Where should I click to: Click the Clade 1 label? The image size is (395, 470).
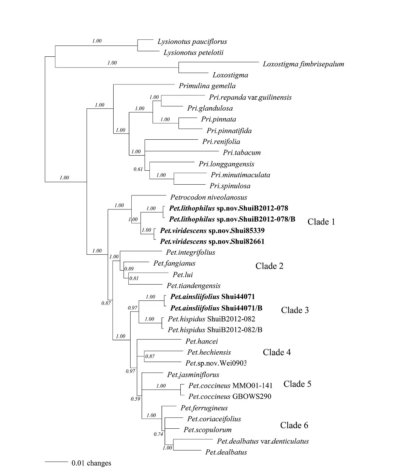point(321,222)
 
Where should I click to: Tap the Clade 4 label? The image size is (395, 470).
point(277,352)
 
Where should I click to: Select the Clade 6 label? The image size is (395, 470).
point(294,425)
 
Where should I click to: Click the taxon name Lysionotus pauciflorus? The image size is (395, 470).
point(192,42)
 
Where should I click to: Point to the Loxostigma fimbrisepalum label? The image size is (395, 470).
point(303,64)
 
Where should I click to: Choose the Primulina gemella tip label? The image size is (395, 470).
point(207,86)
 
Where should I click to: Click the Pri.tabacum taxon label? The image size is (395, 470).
point(242,153)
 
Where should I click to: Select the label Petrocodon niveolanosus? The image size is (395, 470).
point(209,198)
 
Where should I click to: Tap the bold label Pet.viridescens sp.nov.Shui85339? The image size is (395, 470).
point(212,231)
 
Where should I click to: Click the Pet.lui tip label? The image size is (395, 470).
point(183,275)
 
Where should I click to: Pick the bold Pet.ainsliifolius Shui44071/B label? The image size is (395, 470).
point(216,308)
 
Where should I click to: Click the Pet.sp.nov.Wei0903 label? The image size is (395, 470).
point(216,363)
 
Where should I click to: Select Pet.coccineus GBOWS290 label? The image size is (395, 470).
point(229,397)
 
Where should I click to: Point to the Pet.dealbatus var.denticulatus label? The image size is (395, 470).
point(263,441)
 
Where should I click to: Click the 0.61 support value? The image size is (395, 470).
point(138,170)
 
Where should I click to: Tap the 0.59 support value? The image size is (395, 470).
point(135,399)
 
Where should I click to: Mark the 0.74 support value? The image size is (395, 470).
point(158,434)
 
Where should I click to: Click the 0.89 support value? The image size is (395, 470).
point(129,269)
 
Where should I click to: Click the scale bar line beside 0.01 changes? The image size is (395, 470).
point(56,461)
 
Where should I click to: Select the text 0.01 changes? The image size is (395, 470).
point(91,463)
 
